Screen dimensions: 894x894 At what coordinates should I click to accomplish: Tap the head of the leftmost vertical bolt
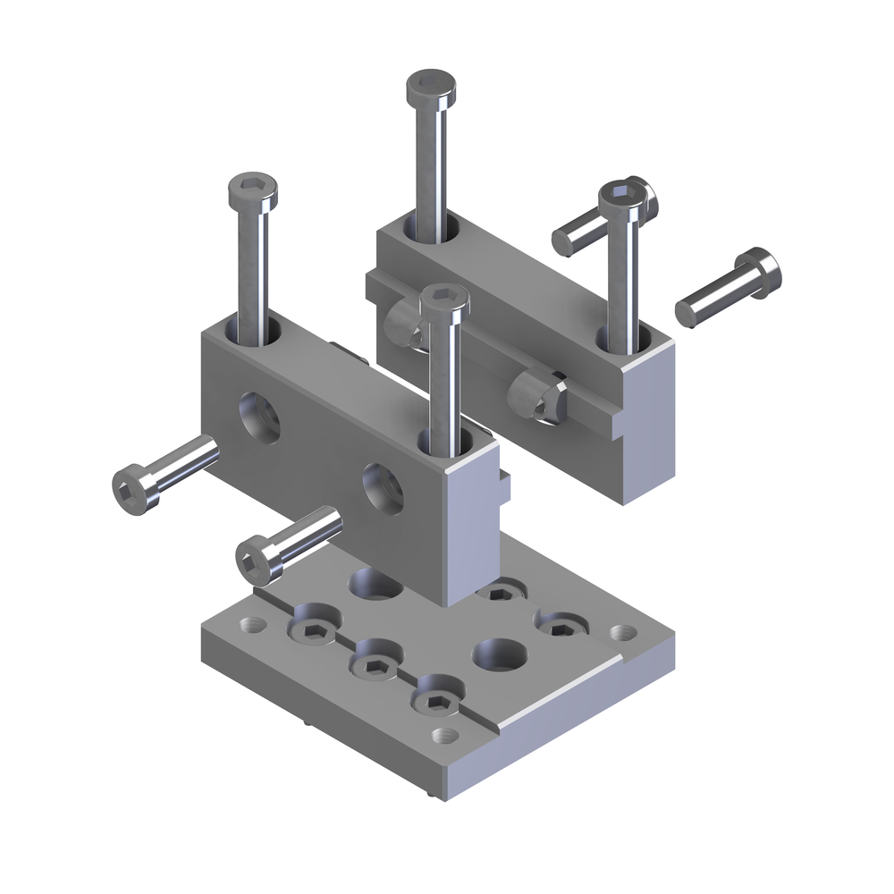[253, 190]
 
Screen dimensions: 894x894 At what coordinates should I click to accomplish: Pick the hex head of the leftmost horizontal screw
[130, 490]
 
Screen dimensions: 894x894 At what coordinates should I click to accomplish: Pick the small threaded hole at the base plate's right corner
[620, 633]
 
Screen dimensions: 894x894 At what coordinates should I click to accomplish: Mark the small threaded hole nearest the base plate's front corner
[443, 735]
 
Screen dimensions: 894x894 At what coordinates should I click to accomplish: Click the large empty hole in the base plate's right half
[498, 654]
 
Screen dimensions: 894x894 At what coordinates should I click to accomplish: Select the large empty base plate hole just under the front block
[375, 583]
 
